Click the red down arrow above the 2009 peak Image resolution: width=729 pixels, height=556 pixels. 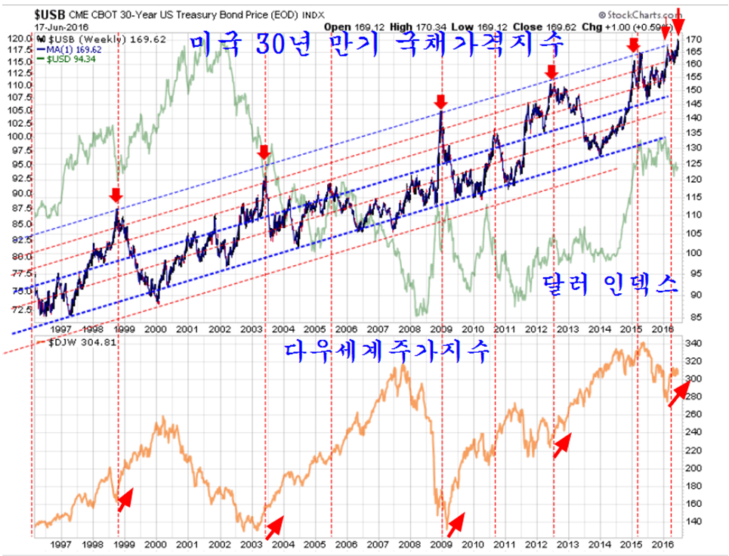click(441, 101)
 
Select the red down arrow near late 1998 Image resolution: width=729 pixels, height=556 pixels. click(115, 196)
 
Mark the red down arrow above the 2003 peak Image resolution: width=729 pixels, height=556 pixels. click(264, 153)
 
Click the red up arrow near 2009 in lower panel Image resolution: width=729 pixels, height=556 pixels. click(456, 521)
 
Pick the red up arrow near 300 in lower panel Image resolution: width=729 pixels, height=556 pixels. click(678, 394)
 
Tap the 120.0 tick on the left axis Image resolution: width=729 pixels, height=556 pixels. click(18, 39)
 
